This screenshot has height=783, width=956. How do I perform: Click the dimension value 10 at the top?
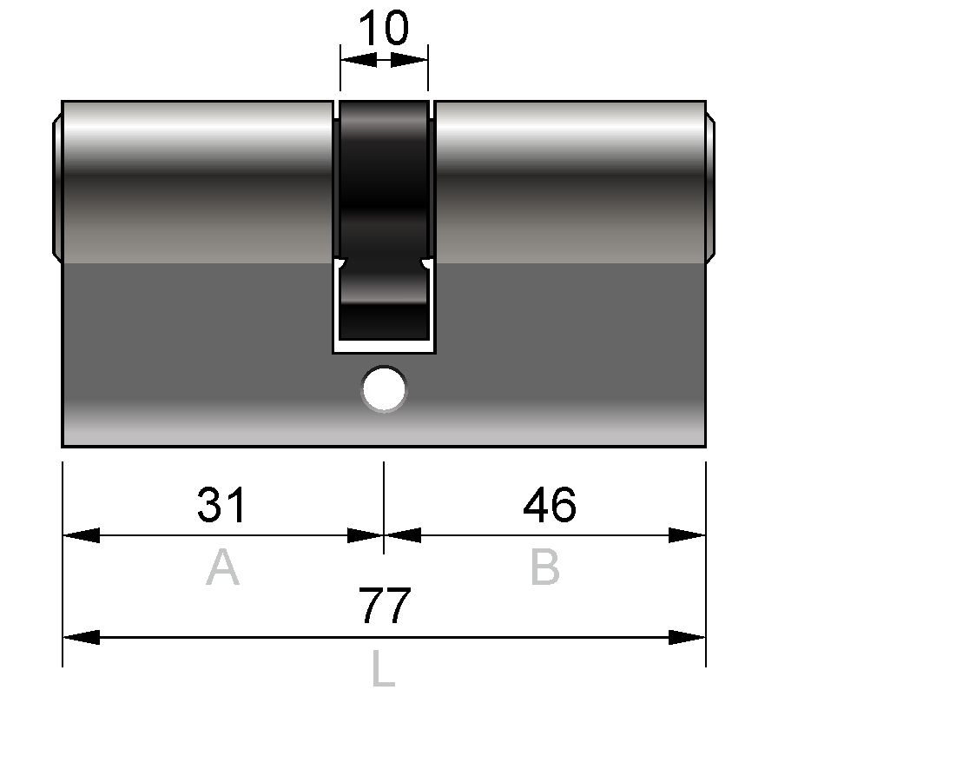(x=384, y=28)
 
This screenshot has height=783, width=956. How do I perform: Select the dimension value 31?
(x=221, y=505)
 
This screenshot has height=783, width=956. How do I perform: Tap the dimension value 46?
(x=550, y=505)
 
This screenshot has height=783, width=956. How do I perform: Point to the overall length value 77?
(x=385, y=606)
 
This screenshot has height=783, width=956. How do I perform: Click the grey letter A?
(x=222, y=567)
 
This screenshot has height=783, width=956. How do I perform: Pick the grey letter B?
(x=545, y=567)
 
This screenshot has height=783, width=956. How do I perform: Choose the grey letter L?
(x=384, y=669)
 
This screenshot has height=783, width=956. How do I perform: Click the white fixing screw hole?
(x=384, y=388)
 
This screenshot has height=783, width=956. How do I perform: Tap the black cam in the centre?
(x=384, y=220)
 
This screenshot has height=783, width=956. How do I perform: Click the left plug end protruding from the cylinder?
(x=57, y=188)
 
